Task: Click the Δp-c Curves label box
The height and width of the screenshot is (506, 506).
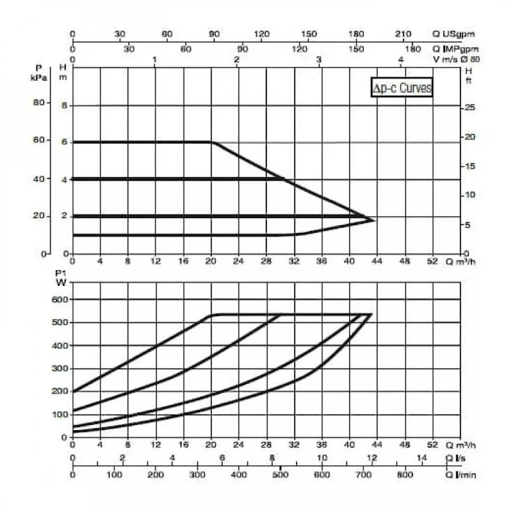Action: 402,88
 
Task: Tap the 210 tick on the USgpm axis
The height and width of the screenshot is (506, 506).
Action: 403,34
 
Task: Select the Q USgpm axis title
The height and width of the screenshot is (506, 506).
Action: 453,34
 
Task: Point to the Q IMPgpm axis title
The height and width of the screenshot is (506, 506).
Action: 455,49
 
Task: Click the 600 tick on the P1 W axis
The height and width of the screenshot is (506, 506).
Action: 60,300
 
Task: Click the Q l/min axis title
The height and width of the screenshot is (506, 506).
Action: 460,475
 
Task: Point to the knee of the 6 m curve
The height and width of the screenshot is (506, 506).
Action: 212,142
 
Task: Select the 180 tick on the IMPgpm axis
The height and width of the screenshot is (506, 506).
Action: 413,49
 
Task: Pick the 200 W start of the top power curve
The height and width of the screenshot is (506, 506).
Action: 73,391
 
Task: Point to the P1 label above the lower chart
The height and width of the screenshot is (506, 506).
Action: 60,273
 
